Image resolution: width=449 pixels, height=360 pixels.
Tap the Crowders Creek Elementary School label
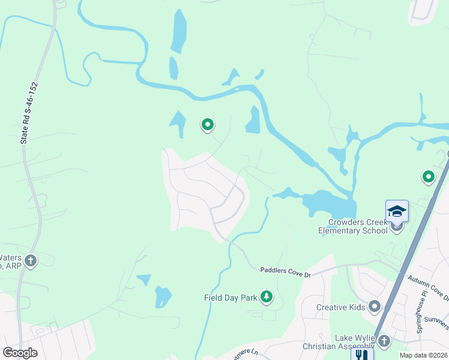(x=352, y=227)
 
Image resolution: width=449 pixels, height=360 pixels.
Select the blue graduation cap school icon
(x=397, y=211)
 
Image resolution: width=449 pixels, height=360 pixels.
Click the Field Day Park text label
(x=231, y=297)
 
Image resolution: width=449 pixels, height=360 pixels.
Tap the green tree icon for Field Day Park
(x=266, y=296)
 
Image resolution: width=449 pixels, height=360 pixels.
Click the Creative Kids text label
(x=340, y=307)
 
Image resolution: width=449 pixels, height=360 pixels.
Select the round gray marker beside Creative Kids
(x=375, y=307)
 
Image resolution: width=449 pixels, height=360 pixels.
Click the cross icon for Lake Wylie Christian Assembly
(x=384, y=341)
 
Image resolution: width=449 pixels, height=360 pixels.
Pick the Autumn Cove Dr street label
(x=427, y=287)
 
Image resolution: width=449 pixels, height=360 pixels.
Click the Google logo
(x=20, y=353)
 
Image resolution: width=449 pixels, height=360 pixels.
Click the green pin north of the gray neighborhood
(x=208, y=125)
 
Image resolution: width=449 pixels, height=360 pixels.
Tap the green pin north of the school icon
(x=428, y=177)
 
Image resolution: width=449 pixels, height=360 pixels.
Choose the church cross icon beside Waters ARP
(x=31, y=260)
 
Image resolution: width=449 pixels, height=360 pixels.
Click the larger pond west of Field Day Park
(x=163, y=296)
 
